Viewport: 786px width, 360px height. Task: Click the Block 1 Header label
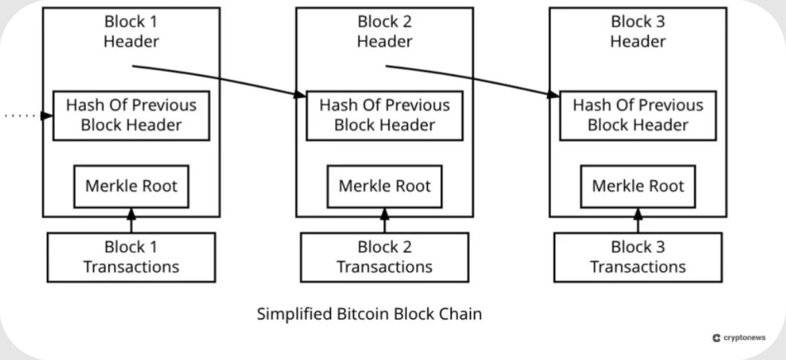point(131,32)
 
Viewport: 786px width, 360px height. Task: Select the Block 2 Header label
point(384,32)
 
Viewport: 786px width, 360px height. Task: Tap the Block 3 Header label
point(638,32)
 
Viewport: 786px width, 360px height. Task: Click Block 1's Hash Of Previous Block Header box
point(131,115)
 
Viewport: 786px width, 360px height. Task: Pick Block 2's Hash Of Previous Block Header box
point(384,115)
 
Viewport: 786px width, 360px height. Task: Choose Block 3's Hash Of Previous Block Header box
point(638,115)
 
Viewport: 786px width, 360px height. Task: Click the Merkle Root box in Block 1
point(131,186)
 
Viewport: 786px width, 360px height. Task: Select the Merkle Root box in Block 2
point(384,186)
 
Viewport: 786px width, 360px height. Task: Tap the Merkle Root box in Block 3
point(638,186)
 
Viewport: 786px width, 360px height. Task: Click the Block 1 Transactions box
point(131,256)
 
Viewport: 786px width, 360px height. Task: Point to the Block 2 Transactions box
point(384,256)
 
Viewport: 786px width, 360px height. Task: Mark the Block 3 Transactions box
point(638,256)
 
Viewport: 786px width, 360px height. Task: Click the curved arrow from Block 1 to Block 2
point(219,77)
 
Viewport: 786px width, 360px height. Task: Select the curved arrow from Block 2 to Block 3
point(472,77)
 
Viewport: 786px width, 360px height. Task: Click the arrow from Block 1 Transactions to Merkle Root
point(131,221)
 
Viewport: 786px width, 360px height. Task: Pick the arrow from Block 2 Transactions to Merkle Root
point(384,221)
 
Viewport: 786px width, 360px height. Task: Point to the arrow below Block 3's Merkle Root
point(638,221)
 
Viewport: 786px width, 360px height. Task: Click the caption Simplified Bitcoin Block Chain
point(369,314)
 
